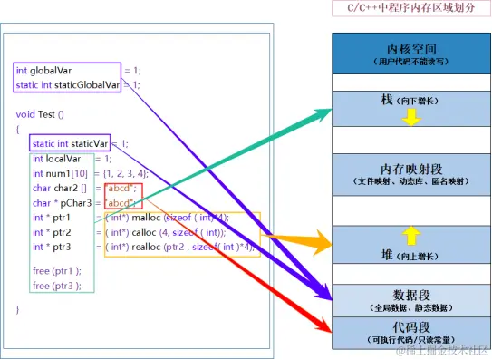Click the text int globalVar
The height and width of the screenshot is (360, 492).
pyautogui.click(x=46, y=70)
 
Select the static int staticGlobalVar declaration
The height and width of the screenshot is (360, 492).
pyautogui.click(x=67, y=85)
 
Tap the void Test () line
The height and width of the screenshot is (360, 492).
pyautogui.click(x=41, y=115)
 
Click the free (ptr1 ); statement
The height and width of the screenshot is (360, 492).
pyautogui.click(x=56, y=269)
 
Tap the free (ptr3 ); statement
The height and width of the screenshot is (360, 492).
pyautogui.click(x=56, y=285)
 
